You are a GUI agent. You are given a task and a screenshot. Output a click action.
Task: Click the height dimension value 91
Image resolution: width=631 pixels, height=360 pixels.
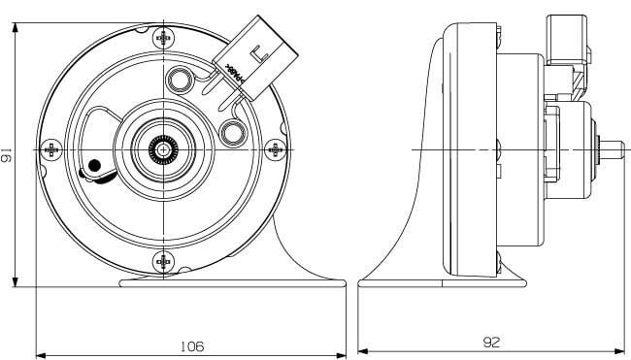(8, 156)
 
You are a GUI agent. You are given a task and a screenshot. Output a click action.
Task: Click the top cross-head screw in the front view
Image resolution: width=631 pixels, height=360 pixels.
(163, 38)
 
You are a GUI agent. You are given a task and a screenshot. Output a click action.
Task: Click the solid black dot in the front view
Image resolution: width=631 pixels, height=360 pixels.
(94, 166)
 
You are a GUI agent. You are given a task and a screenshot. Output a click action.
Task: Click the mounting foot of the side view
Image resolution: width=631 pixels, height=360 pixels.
(442, 282)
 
